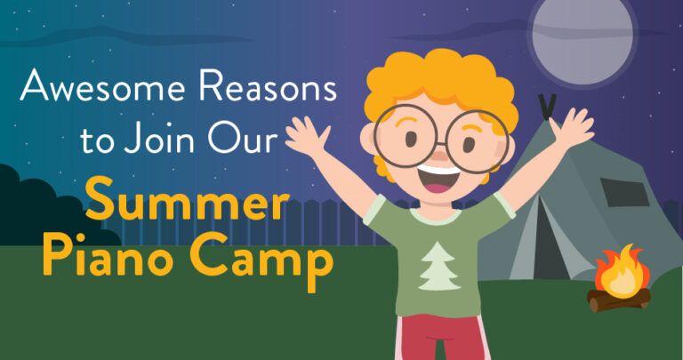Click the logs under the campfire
tap(619, 300)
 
